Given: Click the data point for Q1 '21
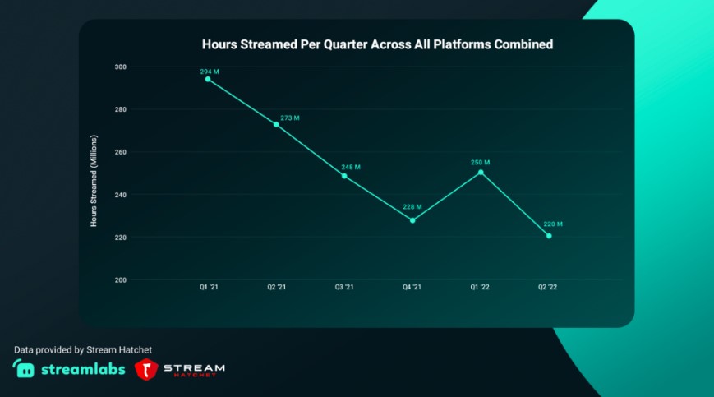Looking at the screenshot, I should point(208,79).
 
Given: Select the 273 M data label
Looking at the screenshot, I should point(290,118).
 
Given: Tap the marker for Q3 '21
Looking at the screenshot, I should point(344,176).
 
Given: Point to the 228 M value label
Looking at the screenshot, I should point(412,207).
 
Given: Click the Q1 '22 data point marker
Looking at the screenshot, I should point(481,172).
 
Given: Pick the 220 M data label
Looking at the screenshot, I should point(553,224).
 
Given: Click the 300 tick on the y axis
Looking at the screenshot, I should point(120,67).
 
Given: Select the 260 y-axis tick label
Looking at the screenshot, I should point(120,152).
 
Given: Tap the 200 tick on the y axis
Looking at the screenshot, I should point(120,280).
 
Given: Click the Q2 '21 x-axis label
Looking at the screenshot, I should point(277,287).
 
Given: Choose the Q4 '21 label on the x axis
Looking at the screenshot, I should point(412,287).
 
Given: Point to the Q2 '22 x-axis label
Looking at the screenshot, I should point(549,287).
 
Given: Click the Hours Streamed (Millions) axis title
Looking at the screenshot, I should point(94,180).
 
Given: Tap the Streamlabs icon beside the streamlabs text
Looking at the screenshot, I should point(24,368).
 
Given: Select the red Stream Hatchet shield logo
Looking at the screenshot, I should point(146,370).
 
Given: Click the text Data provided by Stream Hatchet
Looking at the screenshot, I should point(83,349).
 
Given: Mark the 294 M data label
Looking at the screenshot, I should point(210,72).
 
